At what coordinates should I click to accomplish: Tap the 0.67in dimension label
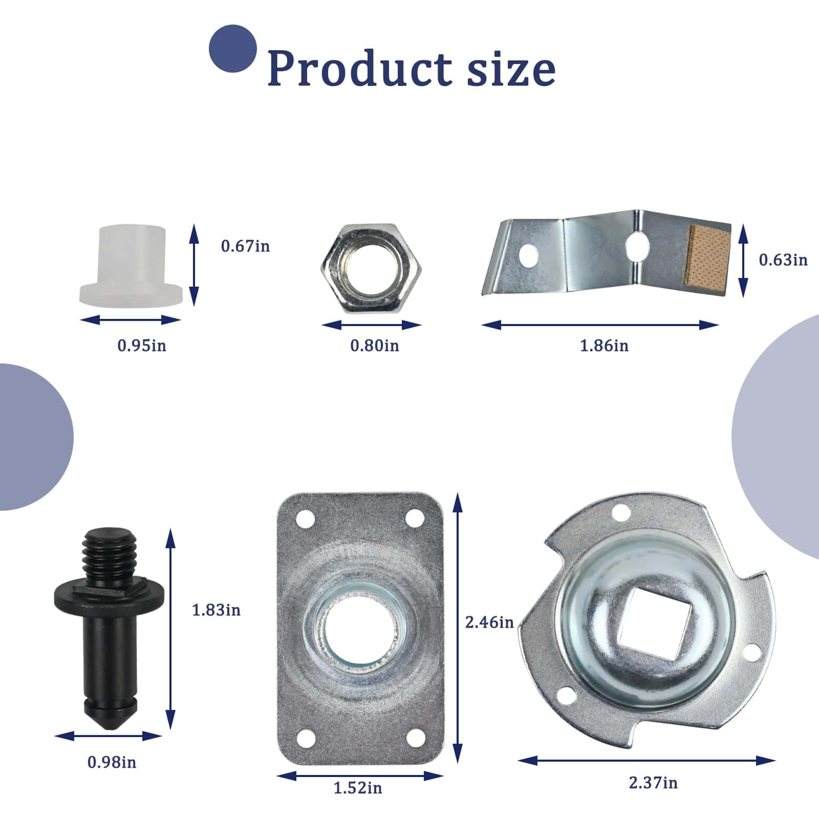tap(245, 246)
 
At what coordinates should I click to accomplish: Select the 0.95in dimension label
tap(142, 346)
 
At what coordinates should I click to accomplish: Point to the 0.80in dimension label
tap(374, 346)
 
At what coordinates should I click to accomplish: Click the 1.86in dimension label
tap(604, 346)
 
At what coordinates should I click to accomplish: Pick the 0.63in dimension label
tap(783, 260)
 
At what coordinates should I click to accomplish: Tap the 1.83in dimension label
tap(216, 610)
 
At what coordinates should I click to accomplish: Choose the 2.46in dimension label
tap(489, 622)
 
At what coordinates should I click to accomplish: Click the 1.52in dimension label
tap(358, 788)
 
